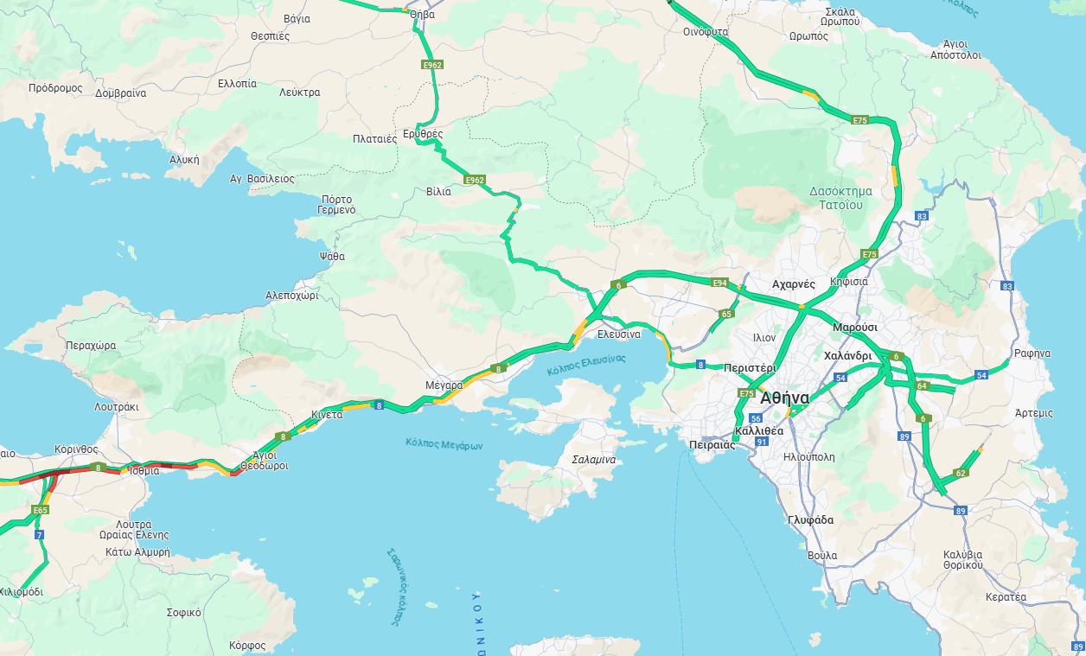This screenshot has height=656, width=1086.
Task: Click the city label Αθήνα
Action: tap(785, 398)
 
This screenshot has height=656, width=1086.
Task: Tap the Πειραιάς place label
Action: tap(712, 445)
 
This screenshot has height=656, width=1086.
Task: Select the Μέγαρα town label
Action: tap(444, 385)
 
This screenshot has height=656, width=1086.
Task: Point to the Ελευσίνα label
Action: tap(619, 334)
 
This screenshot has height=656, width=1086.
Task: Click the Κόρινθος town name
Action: tap(75, 449)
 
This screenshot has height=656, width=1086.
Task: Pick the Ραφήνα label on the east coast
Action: tap(1032, 353)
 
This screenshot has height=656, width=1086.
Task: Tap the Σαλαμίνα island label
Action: tap(594, 460)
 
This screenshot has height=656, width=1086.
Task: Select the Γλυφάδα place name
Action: tap(810, 520)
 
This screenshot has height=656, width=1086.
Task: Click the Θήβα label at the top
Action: tap(422, 15)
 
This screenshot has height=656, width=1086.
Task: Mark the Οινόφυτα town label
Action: tap(706, 32)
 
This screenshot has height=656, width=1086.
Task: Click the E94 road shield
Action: tap(719, 283)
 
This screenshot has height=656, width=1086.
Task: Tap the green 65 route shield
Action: tap(726, 314)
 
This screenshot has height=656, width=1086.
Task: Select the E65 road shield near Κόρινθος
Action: tap(40, 511)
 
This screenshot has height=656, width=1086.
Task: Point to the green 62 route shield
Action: tap(960, 473)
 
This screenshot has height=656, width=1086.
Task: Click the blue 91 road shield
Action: tap(762, 442)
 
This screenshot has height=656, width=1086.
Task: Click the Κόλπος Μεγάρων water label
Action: tap(444, 444)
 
